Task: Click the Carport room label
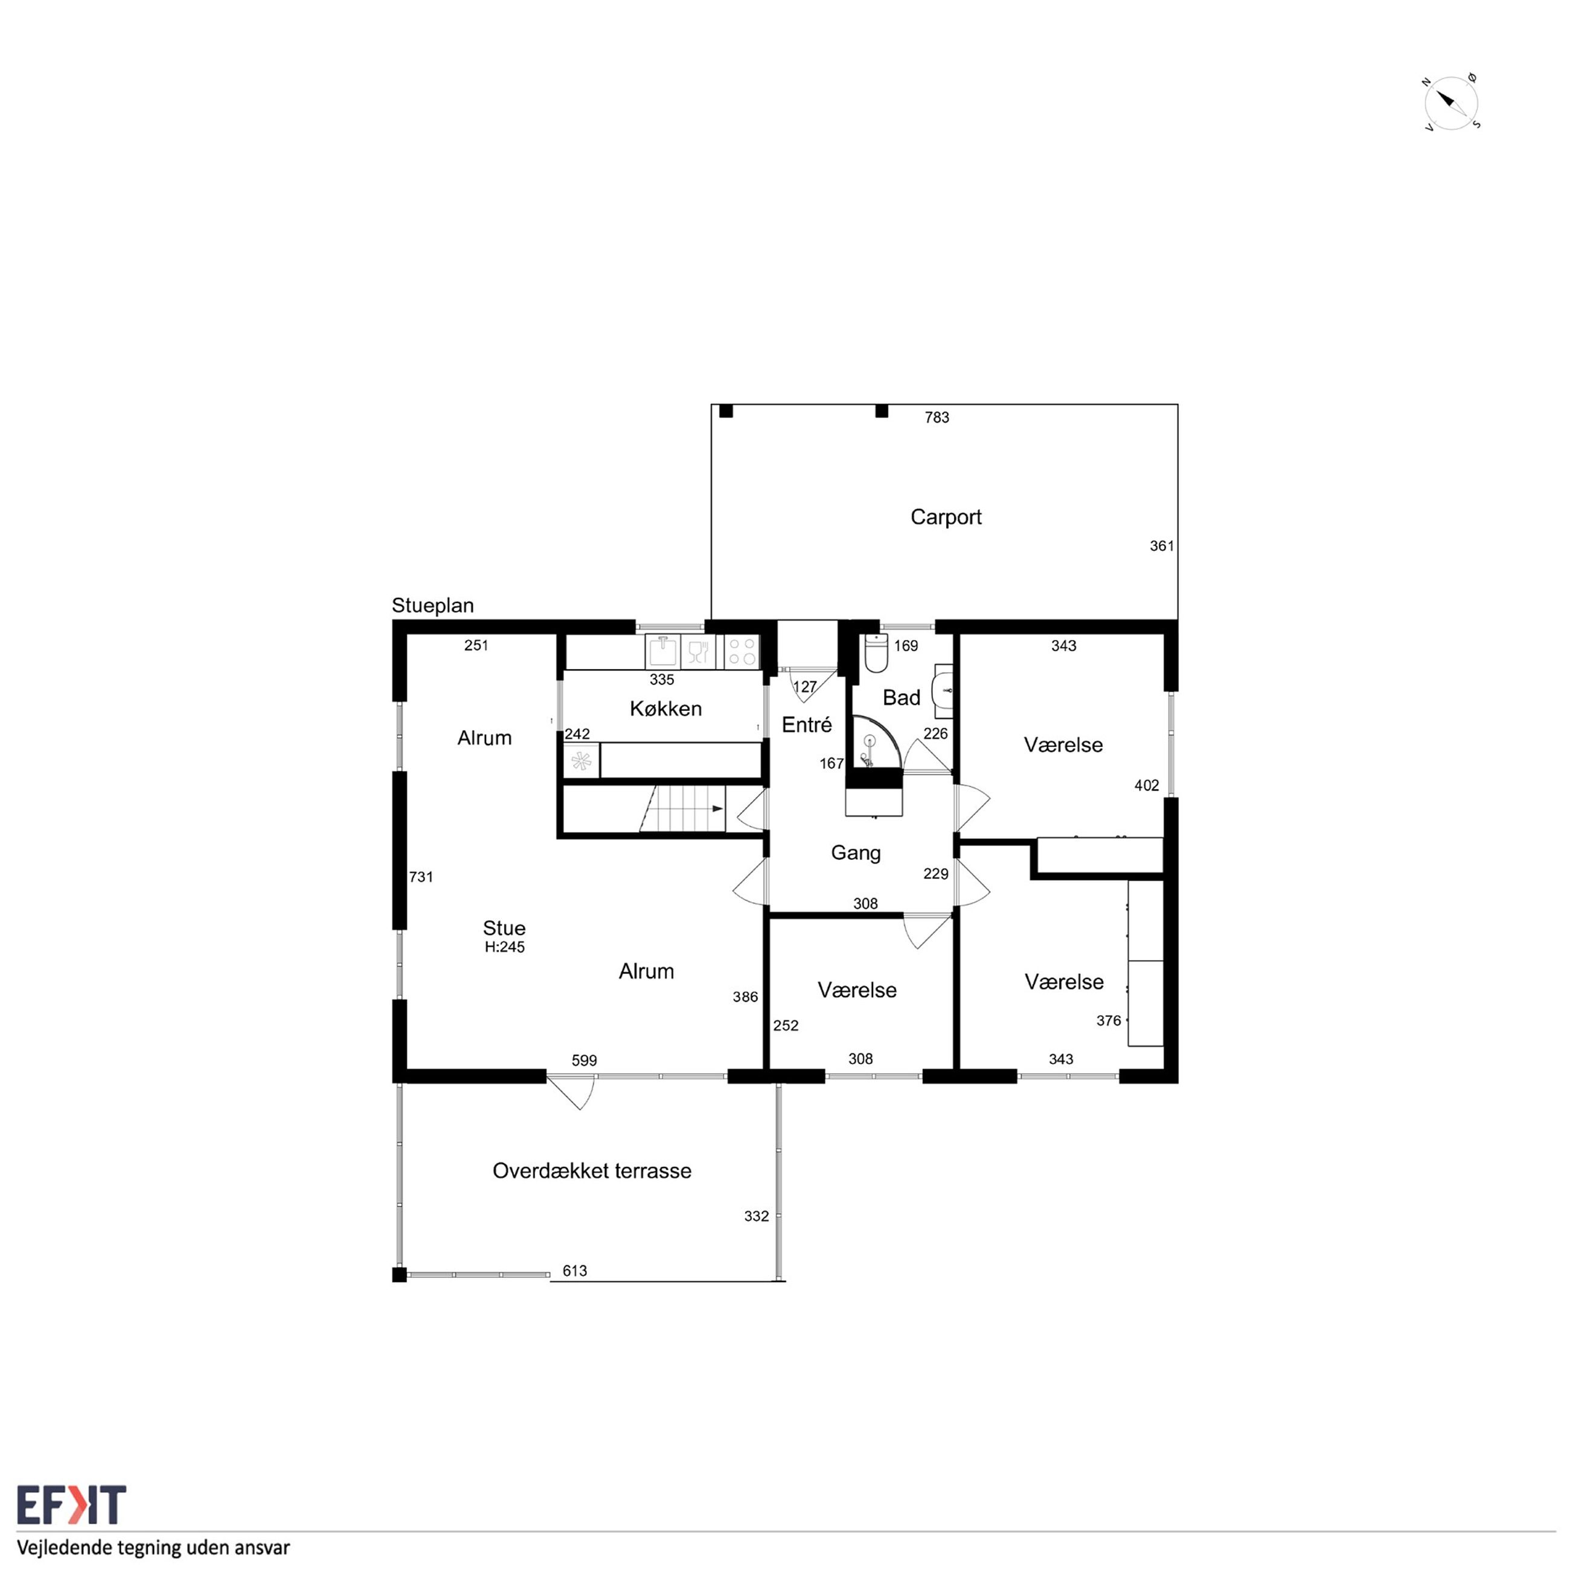click(x=946, y=517)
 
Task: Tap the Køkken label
click(x=665, y=708)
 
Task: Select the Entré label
click(x=807, y=725)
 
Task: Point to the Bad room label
click(x=901, y=697)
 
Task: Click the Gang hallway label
click(x=856, y=853)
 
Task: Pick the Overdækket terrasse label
click(x=592, y=1171)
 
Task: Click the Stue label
click(x=504, y=928)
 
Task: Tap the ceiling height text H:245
click(x=505, y=947)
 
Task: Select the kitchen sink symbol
click(x=663, y=652)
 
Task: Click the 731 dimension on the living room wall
click(x=421, y=877)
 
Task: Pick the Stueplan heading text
click(x=432, y=606)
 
